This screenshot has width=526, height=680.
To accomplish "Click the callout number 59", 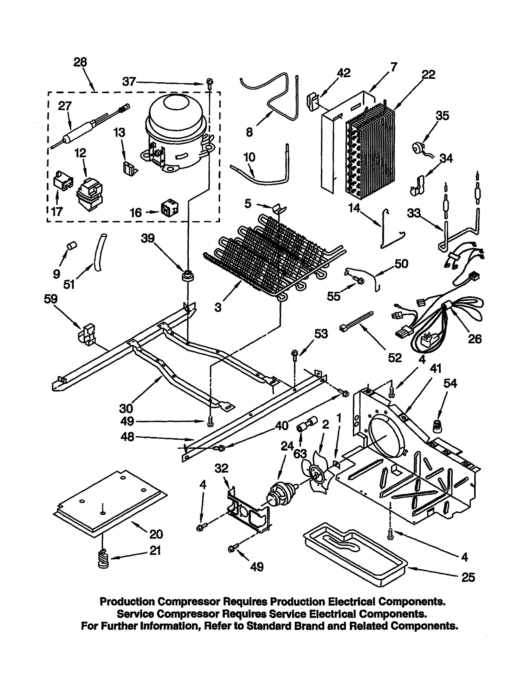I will pyautogui.click(x=51, y=299).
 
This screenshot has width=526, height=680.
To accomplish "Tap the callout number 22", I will pyautogui.click(x=428, y=75).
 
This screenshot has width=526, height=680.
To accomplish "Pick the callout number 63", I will pyautogui.click(x=300, y=454).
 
